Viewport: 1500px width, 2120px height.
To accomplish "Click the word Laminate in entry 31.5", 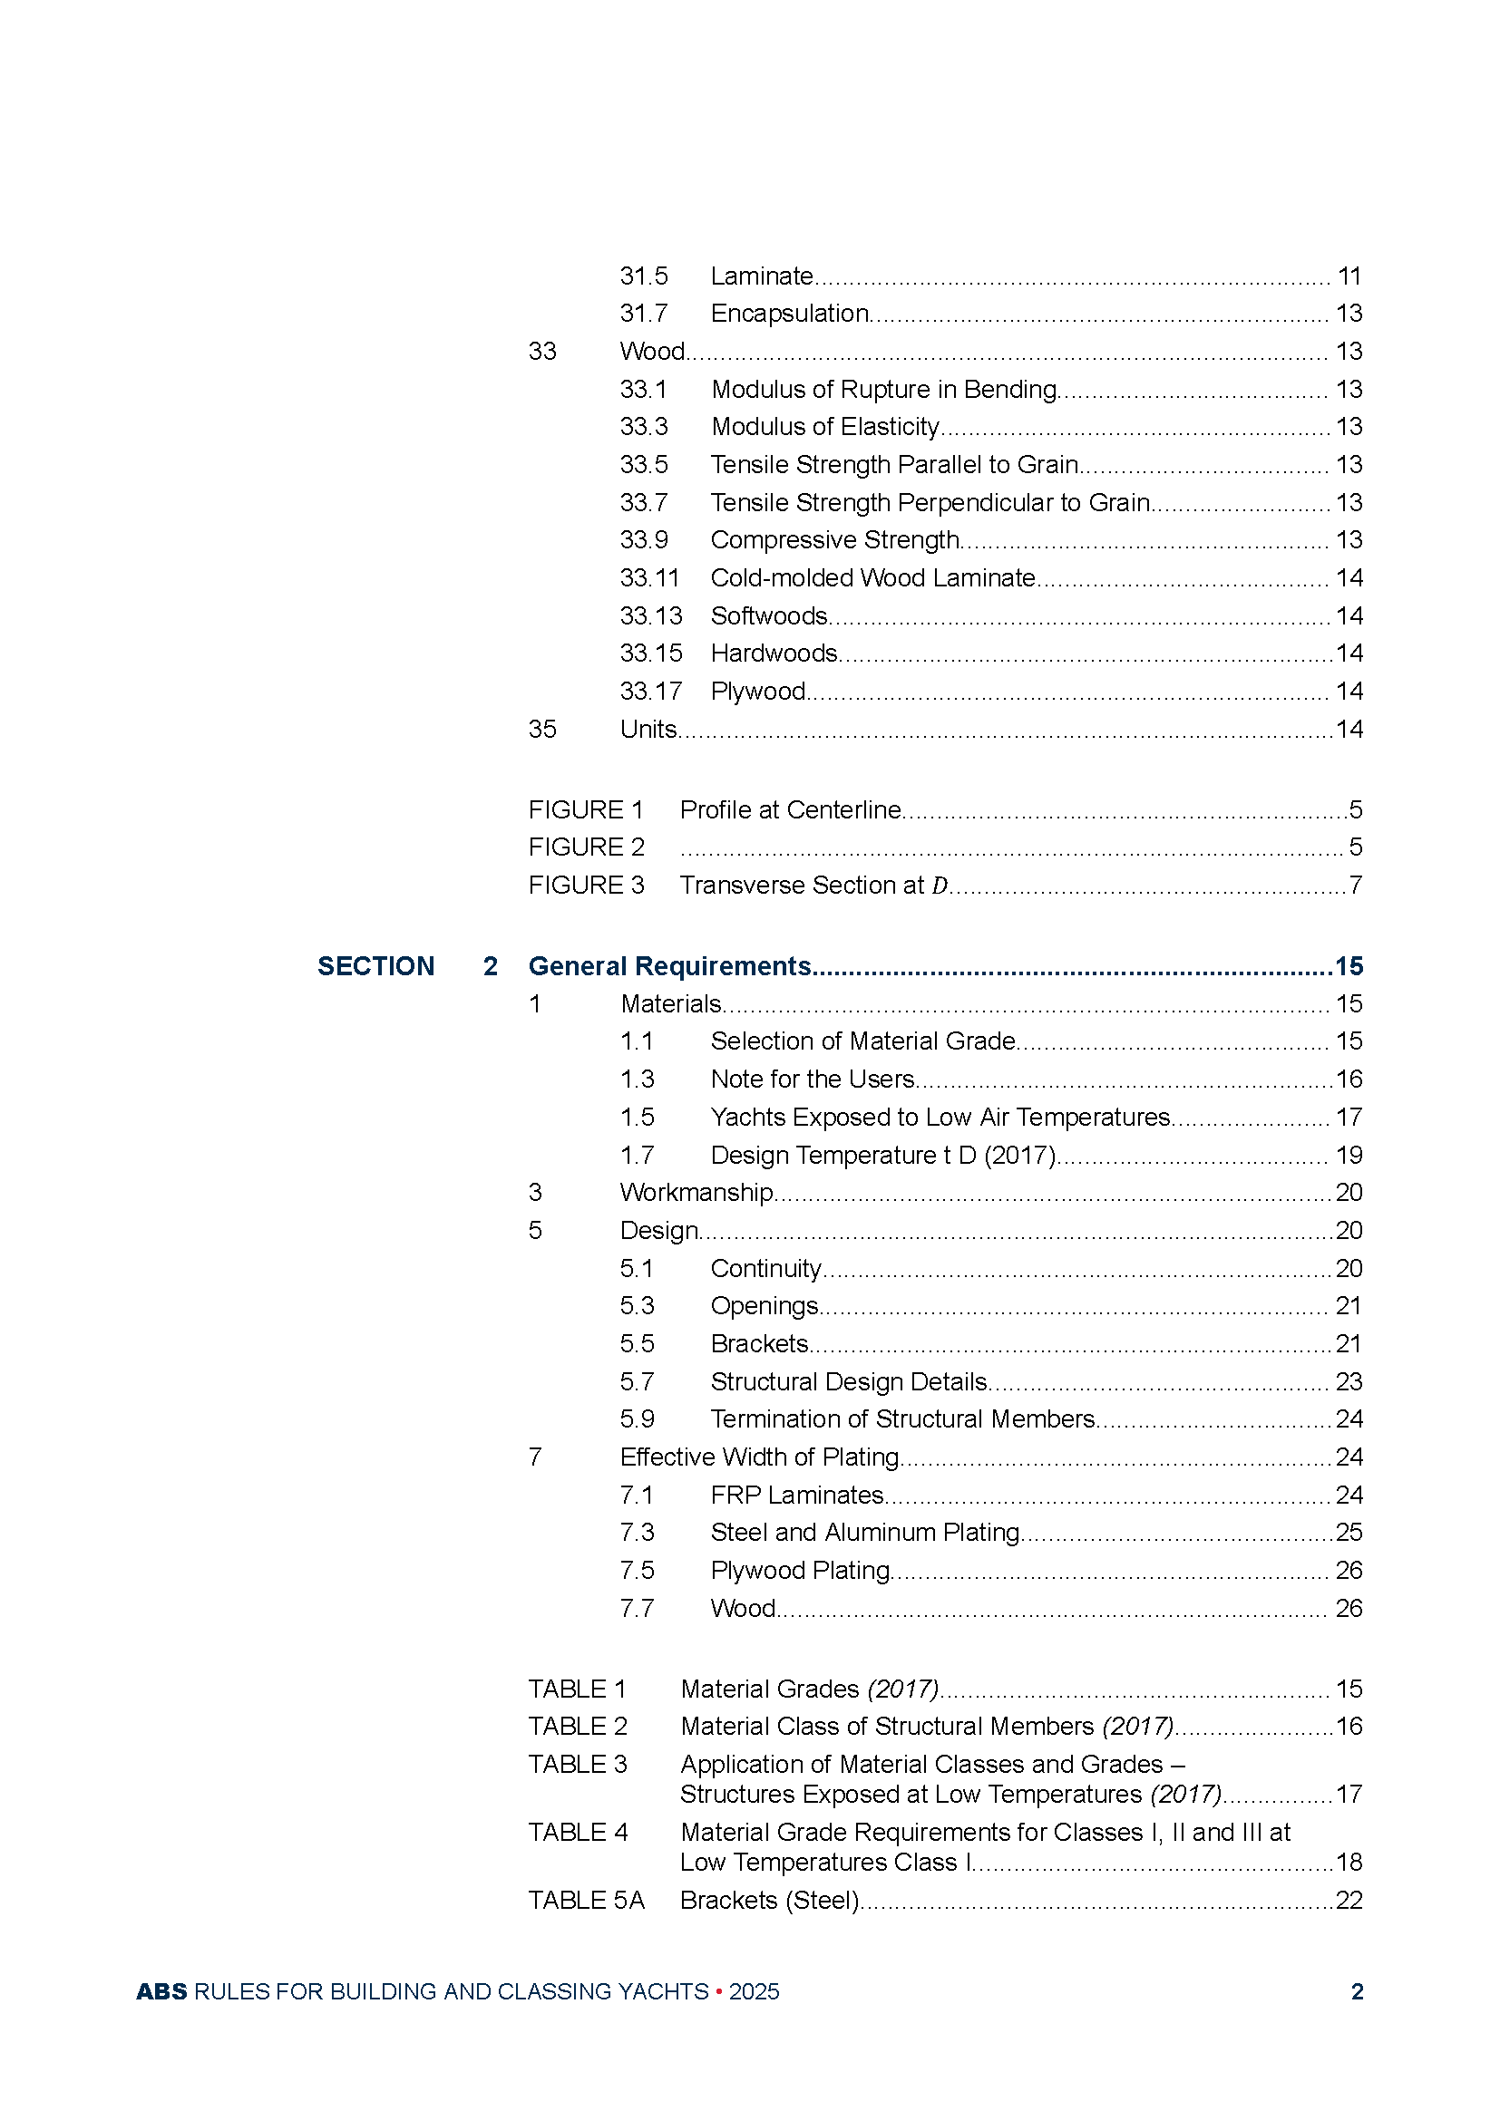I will pos(762,276).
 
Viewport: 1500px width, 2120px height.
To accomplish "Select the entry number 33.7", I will pos(644,502).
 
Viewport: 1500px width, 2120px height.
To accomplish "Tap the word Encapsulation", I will pos(790,314).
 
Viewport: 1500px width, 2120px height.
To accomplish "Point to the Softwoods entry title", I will pos(769,615).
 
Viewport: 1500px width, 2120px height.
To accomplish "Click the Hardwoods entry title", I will pos(774,653).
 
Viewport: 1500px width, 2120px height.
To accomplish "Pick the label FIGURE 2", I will pos(587,847).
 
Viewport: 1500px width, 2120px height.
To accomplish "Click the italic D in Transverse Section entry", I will pos(940,886).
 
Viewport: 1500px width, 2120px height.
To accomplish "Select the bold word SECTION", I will pos(376,966).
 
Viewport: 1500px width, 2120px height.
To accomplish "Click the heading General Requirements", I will pos(669,966).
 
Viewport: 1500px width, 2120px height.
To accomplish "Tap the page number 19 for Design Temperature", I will pos(1349,1155).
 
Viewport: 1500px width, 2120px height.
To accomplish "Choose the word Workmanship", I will pos(696,1192).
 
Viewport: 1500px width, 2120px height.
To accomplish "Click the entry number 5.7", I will pos(638,1381).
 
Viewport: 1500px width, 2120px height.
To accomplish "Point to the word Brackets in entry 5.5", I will pos(759,1343).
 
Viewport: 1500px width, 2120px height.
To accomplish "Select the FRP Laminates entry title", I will pos(797,1495).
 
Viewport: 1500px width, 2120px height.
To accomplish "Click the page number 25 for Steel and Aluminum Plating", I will pos(1349,1533).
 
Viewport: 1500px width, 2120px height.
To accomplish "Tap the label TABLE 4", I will pos(579,1832).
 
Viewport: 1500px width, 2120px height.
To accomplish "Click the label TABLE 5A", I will pos(587,1901).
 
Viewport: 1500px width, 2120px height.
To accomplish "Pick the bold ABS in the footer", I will pos(161,1991).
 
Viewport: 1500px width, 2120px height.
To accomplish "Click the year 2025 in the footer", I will pos(754,1991).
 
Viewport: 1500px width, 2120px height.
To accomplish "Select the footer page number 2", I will pos(1357,1991).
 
